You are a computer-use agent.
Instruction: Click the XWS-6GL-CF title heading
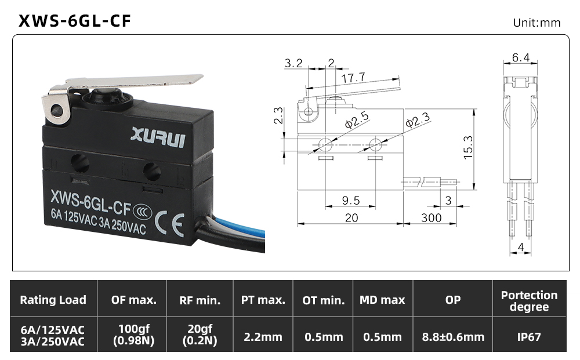(x=75, y=21)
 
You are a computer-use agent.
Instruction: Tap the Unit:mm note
(x=536, y=23)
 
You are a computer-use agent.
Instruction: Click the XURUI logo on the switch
(x=158, y=137)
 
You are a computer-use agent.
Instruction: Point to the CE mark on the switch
(x=169, y=224)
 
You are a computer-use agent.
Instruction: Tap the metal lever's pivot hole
(x=57, y=110)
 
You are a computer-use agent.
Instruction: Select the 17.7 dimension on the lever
(x=353, y=78)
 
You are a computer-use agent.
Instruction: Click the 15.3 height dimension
(x=468, y=147)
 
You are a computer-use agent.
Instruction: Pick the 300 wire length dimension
(x=432, y=218)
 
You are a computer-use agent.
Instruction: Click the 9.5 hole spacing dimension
(x=351, y=201)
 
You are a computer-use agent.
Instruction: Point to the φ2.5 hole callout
(x=357, y=120)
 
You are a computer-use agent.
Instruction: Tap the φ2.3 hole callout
(x=418, y=120)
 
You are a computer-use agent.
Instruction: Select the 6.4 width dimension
(x=520, y=57)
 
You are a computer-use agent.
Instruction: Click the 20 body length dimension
(x=351, y=218)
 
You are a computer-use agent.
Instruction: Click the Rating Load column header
(x=53, y=300)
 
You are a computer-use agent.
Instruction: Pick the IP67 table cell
(x=529, y=337)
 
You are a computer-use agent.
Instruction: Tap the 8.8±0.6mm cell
(x=453, y=337)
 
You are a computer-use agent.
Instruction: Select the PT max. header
(x=263, y=300)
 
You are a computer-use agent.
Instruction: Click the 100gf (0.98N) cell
(x=134, y=334)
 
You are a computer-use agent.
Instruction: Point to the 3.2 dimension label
(x=293, y=63)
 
